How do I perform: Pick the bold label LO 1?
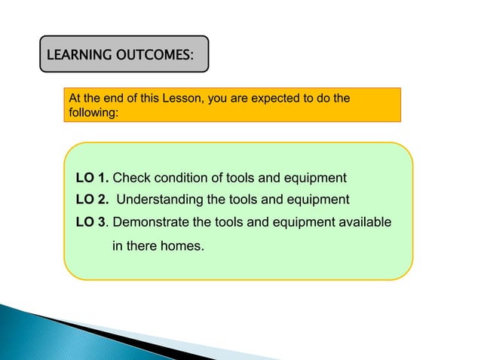(x=92, y=178)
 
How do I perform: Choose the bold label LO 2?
(x=92, y=200)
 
